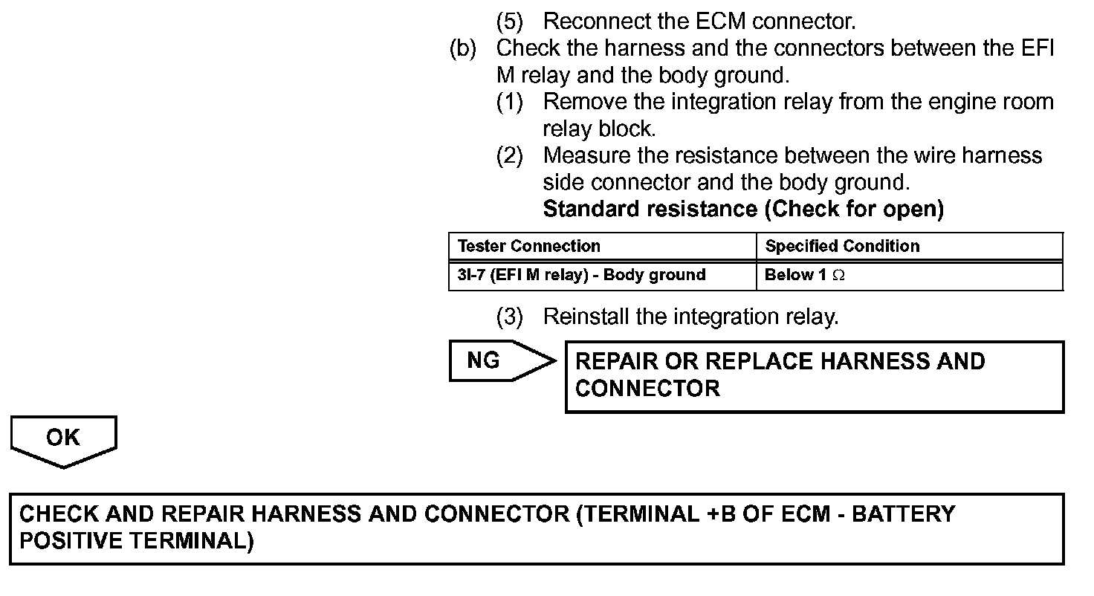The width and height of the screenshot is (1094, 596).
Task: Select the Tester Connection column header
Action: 528,246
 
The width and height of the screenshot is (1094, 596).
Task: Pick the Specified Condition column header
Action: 842,246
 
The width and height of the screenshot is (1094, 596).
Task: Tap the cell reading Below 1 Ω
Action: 805,275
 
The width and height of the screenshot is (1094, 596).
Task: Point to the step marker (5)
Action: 509,21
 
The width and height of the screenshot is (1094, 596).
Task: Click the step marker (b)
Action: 462,48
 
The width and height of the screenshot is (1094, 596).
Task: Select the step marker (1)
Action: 509,102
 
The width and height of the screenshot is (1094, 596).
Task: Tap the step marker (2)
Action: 509,156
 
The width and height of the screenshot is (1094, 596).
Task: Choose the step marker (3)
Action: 509,317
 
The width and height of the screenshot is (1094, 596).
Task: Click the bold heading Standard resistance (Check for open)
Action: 743,209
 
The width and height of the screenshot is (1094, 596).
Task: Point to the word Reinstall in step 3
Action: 586,317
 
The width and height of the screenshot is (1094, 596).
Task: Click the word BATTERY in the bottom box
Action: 903,514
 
